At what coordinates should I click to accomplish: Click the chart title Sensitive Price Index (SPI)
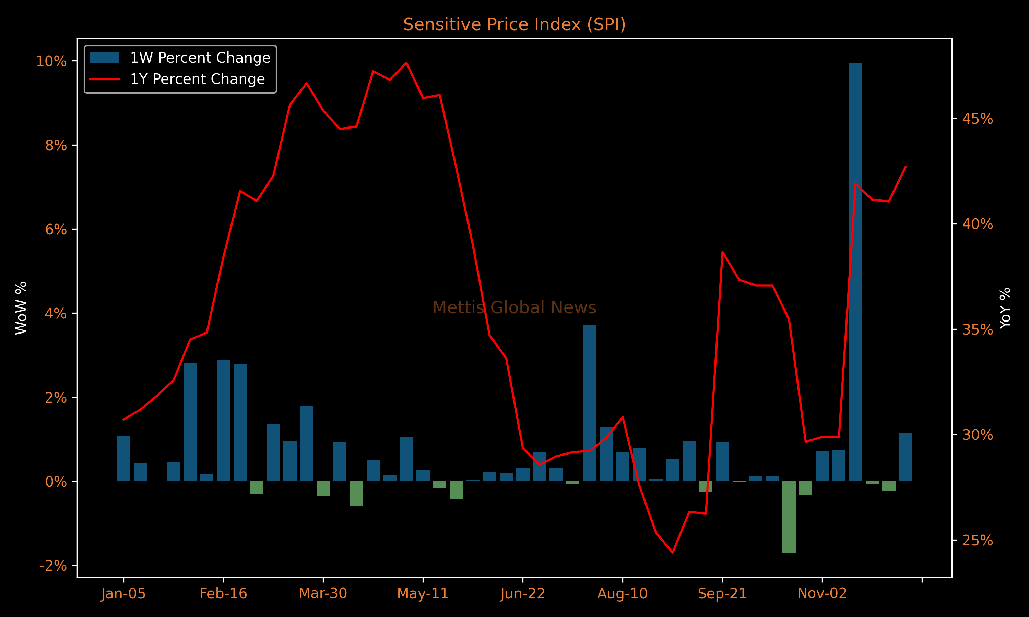pyautogui.click(x=514, y=25)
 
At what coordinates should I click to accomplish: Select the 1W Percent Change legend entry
pyautogui.click(x=180, y=58)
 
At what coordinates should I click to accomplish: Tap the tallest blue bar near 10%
pyautogui.click(x=855, y=272)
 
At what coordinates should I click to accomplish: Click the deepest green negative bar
pyautogui.click(x=789, y=517)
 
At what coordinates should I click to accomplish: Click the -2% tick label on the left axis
pyautogui.click(x=53, y=566)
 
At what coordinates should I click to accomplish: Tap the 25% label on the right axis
pyautogui.click(x=978, y=541)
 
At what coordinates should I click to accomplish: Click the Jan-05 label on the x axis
pyautogui.click(x=123, y=593)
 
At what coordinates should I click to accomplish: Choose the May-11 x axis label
pyautogui.click(x=423, y=593)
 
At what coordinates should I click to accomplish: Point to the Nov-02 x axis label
pyautogui.click(x=822, y=593)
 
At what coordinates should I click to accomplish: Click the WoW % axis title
pyautogui.click(x=21, y=308)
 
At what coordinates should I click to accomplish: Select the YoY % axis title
pyautogui.click(x=1005, y=308)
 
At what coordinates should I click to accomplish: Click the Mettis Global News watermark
pyautogui.click(x=514, y=308)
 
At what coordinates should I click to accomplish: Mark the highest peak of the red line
pyautogui.click(x=406, y=63)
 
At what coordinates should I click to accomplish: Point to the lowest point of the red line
pyautogui.click(x=673, y=553)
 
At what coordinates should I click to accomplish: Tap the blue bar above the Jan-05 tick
pyautogui.click(x=123, y=459)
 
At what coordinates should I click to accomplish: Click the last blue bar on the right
pyautogui.click(x=906, y=457)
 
